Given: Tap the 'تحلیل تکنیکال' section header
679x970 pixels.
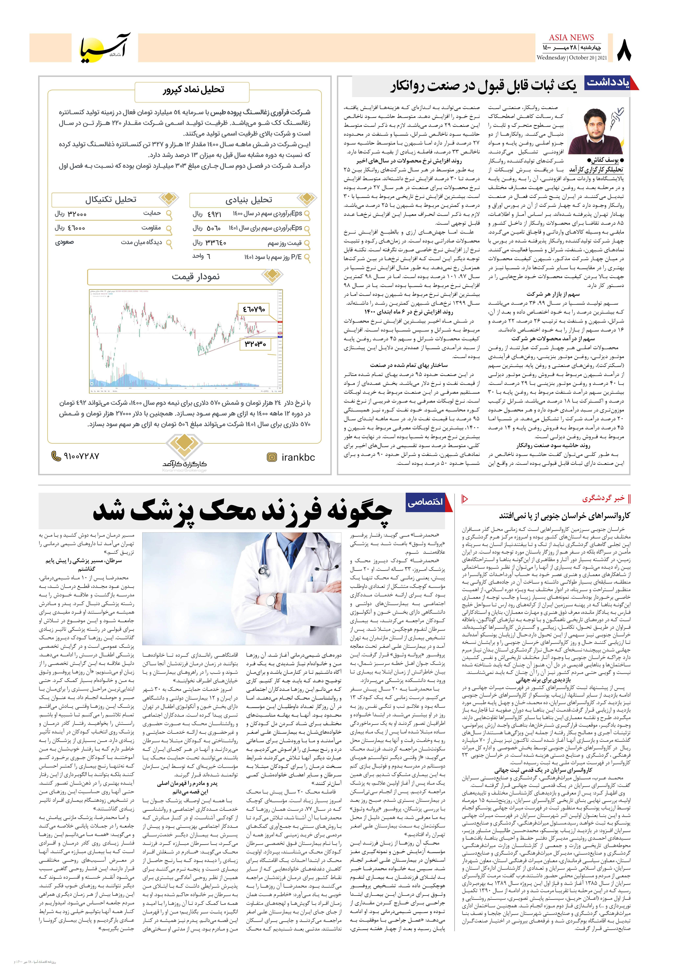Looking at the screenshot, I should [x=111, y=199].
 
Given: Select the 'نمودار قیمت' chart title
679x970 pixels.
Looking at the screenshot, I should [x=196, y=277].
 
